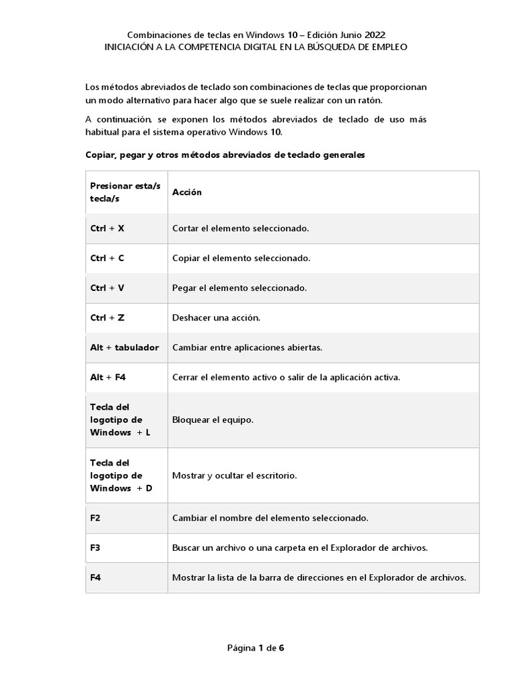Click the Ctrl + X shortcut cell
pos(108,228)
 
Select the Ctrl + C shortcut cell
pos(108,258)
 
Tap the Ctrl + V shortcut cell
pos(108,288)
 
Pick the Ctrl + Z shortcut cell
pos(108,318)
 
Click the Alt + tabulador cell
pos(125,348)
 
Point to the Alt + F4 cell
pos(109,377)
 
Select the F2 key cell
pos(95,517)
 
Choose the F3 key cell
pos(95,547)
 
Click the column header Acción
pos(187,192)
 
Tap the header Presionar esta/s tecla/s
pos(125,192)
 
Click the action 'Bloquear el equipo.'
pos(213,420)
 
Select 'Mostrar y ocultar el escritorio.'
pos(234,476)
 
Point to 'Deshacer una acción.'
pos(216,318)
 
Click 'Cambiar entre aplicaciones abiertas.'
pos(247,348)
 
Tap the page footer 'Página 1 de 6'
pos(256,647)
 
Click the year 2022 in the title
pos(373,35)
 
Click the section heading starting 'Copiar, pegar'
pos(225,155)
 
